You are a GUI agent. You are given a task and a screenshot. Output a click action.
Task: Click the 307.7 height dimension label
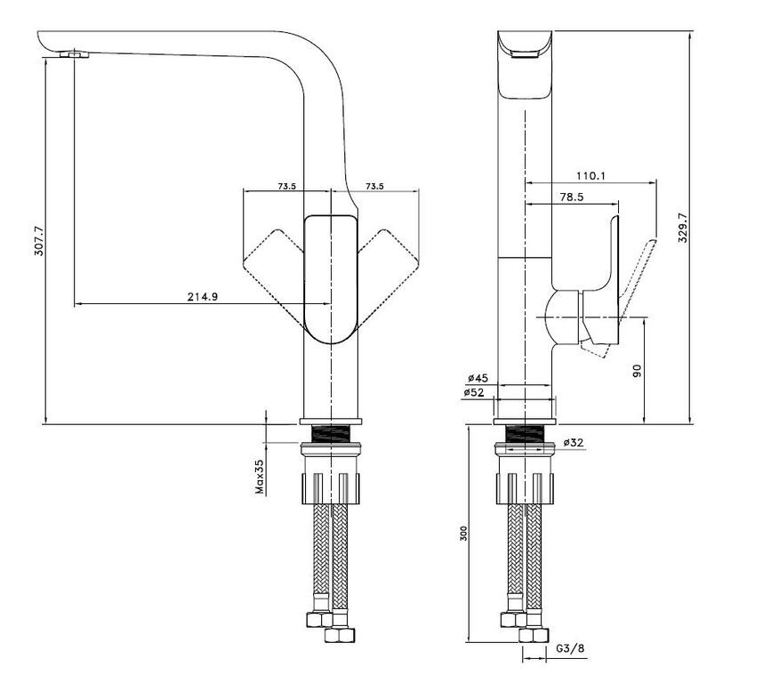pyautogui.click(x=40, y=241)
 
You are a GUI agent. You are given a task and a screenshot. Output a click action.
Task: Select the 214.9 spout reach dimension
pyautogui.click(x=203, y=297)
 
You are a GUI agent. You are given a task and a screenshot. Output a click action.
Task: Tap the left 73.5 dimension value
pyautogui.click(x=287, y=186)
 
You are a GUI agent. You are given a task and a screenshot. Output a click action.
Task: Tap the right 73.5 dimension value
pyautogui.click(x=374, y=186)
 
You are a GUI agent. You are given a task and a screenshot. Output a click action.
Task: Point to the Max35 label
pyautogui.click(x=261, y=477)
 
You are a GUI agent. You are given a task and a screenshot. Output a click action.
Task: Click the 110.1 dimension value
pyautogui.click(x=590, y=175)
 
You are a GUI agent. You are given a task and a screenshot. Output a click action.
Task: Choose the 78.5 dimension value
pyautogui.click(x=571, y=197)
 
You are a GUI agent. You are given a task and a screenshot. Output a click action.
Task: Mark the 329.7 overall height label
pyautogui.click(x=683, y=228)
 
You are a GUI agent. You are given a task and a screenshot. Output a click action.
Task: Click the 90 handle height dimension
pyautogui.click(x=638, y=371)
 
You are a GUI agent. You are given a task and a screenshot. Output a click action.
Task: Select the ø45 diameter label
pyautogui.click(x=478, y=378)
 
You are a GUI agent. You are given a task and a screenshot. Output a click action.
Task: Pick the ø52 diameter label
pyautogui.click(x=474, y=392)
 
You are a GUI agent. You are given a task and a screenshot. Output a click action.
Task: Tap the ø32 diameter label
pyautogui.click(x=574, y=443)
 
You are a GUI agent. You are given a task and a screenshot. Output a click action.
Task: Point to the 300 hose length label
pyautogui.click(x=463, y=534)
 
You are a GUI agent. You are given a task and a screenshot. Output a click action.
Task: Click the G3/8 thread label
pyautogui.click(x=570, y=648)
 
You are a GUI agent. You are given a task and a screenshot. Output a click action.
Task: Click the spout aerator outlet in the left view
pyautogui.click(x=75, y=54)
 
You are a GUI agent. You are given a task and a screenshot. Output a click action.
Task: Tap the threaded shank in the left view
pyautogui.click(x=331, y=434)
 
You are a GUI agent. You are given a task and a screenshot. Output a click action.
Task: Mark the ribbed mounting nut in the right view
pyautogui.click(x=525, y=488)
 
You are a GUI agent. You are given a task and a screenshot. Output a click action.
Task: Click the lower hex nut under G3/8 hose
pyautogui.click(x=534, y=635)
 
